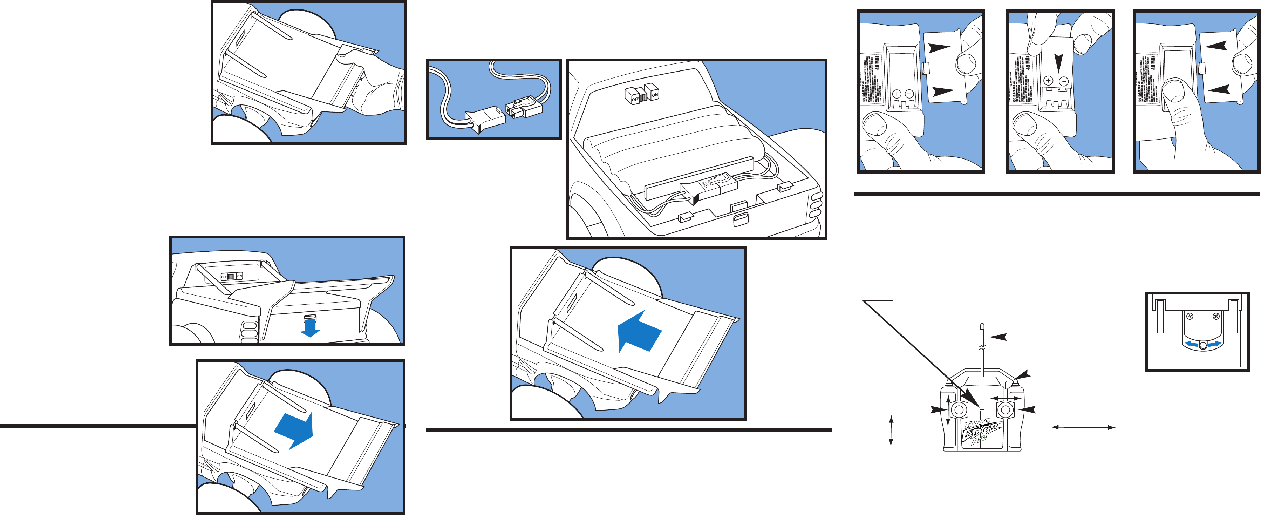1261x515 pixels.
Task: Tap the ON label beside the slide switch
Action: coord(239,276)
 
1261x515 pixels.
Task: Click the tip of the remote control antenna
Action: coord(982,326)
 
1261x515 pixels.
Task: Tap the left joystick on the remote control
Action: coord(958,410)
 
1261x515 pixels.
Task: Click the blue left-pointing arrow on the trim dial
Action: coord(1191,345)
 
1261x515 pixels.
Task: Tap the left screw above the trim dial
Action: coord(1191,316)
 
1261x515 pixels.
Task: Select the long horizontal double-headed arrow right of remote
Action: coord(1083,427)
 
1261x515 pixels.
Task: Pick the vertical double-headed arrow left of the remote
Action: coord(891,431)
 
